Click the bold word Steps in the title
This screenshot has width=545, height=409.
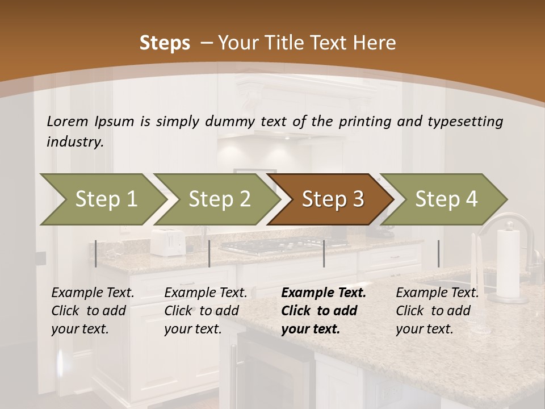(x=165, y=43)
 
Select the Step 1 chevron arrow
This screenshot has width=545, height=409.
(x=102, y=199)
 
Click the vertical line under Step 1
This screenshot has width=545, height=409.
(x=96, y=253)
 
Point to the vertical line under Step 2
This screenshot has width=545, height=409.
(x=209, y=253)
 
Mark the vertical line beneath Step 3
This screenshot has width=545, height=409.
(x=324, y=253)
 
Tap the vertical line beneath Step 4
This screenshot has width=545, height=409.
(x=438, y=253)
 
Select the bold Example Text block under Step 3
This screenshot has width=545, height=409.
(x=323, y=311)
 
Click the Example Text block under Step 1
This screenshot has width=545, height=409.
(x=93, y=311)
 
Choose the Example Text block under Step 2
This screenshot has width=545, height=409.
(x=206, y=311)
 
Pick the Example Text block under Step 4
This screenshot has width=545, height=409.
(x=437, y=311)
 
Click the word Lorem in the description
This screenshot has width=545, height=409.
(x=68, y=122)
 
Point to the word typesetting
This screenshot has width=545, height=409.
(x=465, y=122)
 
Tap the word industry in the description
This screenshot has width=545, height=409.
(x=74, y=142)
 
